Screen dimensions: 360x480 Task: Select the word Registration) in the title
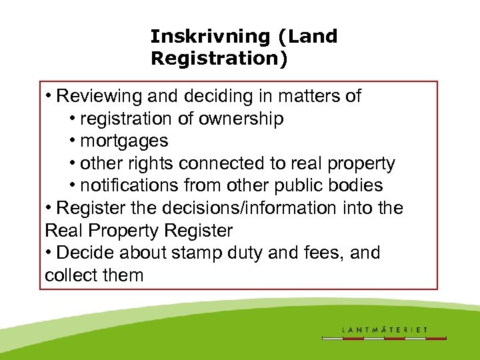[219, 59]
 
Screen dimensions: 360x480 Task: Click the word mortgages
[124, 141]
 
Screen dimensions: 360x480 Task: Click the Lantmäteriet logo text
[385, 329]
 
